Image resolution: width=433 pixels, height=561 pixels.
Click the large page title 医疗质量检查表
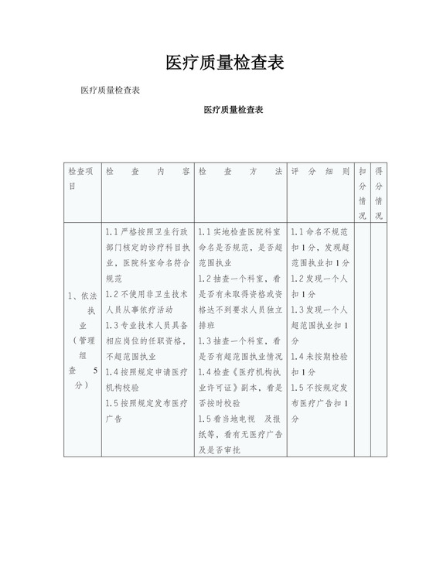(224, 63)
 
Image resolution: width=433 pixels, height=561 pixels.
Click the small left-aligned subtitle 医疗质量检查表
(110, 91)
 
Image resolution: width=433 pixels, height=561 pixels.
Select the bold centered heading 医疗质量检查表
(234, 111)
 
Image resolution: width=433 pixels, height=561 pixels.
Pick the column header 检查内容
(147, 170)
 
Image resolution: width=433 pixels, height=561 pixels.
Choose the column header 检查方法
(240, 170)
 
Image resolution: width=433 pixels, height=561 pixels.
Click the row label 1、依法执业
(82, 310)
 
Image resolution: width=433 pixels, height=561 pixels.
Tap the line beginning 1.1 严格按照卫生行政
(147, 231)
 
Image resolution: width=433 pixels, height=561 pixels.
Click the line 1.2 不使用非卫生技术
(147, 294)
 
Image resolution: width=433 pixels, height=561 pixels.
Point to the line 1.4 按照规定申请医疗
(147, 372)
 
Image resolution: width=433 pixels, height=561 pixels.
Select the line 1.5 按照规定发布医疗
(147, 403)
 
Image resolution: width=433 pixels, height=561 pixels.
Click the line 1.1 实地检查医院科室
(240, 231)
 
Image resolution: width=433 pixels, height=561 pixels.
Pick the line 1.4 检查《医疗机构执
(240, 372)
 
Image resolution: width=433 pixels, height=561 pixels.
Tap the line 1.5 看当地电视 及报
(240, 419)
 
